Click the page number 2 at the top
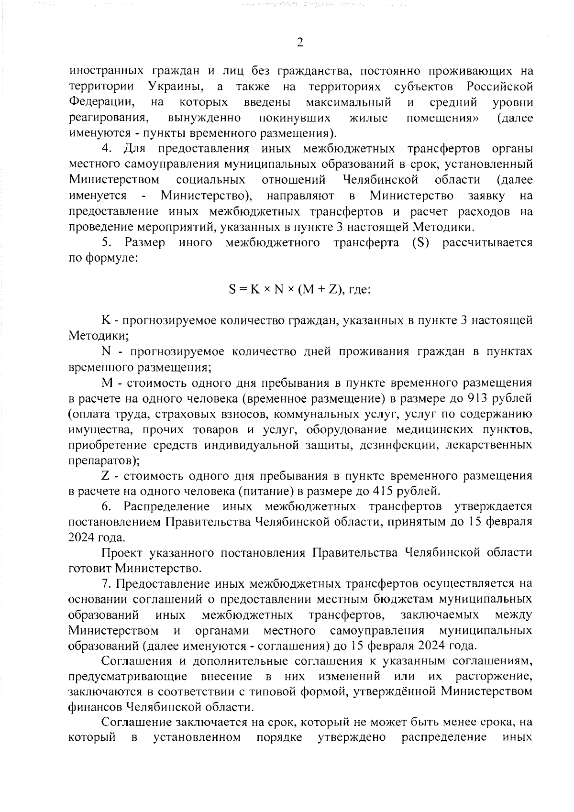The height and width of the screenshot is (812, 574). pos(300,43)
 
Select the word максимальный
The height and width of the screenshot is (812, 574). pos(348,102)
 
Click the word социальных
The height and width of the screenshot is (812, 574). pos(211,180)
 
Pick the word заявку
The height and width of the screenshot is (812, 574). pos(486,196)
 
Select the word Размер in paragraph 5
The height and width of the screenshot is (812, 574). pos(145,242)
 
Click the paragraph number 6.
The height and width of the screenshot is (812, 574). pos(106,506)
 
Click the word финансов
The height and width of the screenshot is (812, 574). pos(96,708)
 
